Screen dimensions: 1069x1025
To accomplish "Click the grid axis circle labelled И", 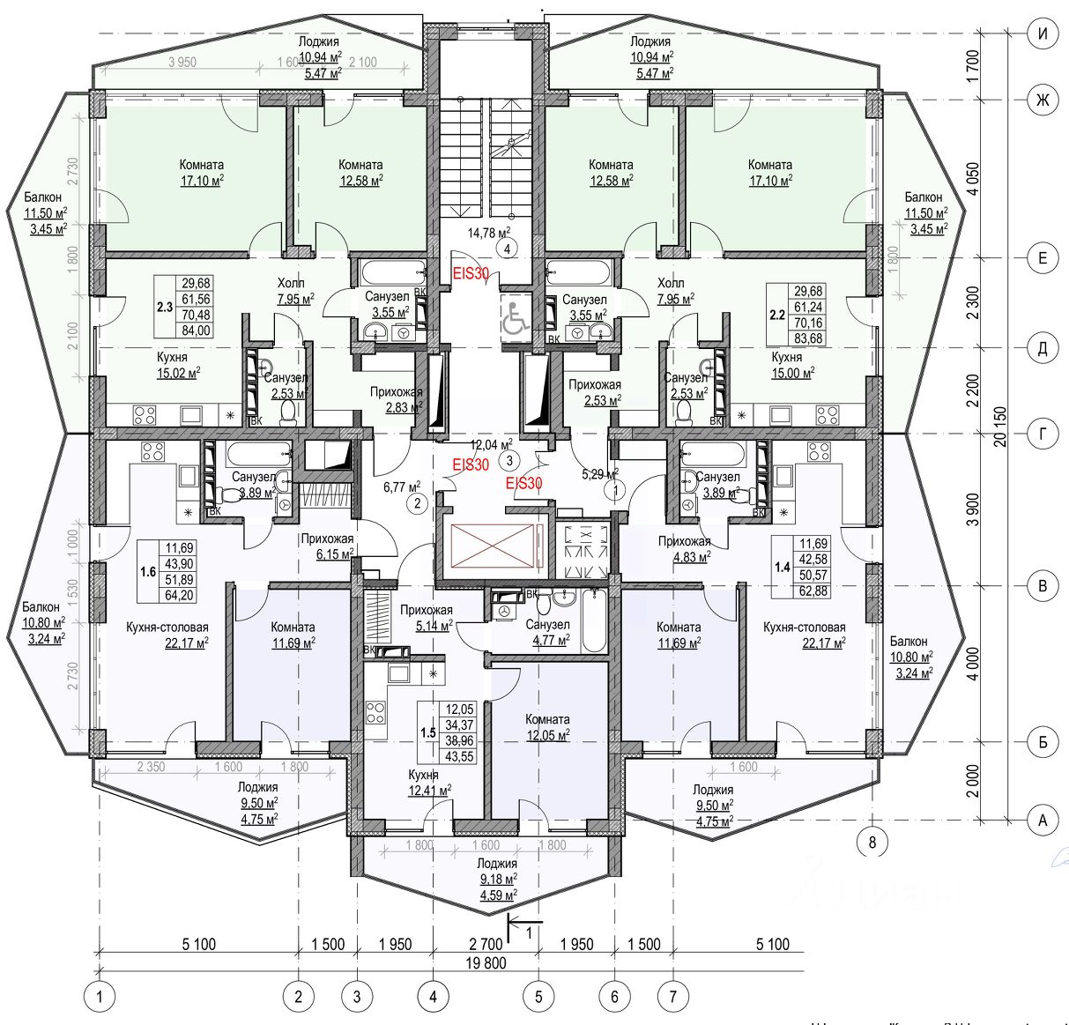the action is coord(1043,33).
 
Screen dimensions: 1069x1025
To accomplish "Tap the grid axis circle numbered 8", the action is coord(872,842).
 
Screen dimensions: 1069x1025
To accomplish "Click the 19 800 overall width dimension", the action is coord(485,962).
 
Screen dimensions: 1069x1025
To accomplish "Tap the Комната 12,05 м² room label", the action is coord(547,727).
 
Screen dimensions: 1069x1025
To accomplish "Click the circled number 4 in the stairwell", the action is coord(509,249).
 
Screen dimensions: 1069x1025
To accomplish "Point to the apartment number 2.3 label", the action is coord(164,307).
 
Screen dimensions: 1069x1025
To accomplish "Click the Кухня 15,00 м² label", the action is coord(786,365).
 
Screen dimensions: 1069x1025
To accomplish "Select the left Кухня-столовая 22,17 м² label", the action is coord(167,635).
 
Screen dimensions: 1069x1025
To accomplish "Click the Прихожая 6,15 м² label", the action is coord(327,546).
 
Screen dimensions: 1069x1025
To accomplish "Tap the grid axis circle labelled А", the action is coord(1043,821).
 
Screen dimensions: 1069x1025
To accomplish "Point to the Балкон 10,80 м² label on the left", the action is coord(41,623).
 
